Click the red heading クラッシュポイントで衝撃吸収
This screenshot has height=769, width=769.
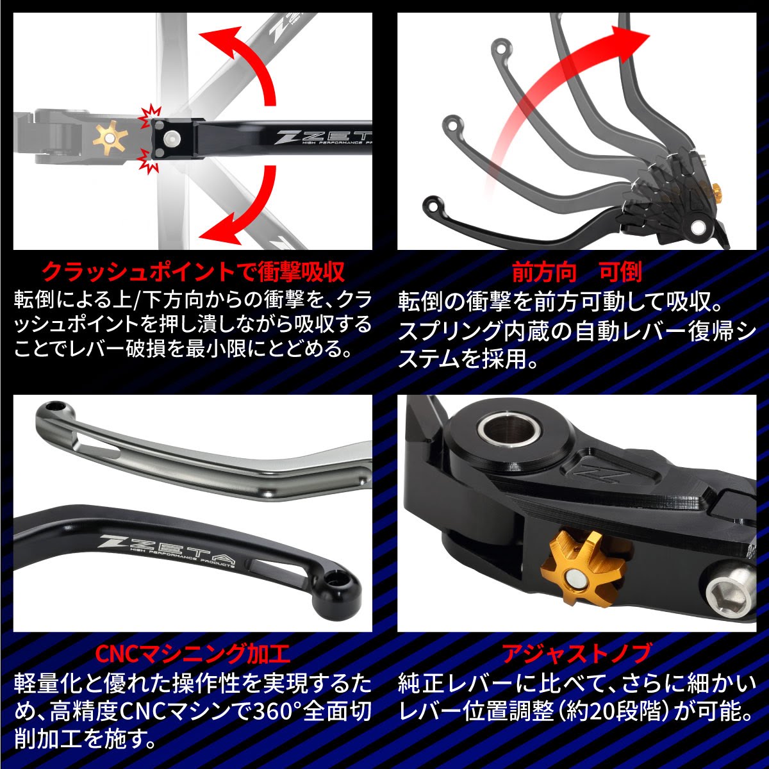(x=193, y=272)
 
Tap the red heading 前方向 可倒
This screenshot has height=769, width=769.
(x=577, y=273)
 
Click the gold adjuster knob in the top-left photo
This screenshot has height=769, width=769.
(x=110, y=138)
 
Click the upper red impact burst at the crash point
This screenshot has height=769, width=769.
(x=149, y=117)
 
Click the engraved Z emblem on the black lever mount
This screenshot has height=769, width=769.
(x=600, y=475)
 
